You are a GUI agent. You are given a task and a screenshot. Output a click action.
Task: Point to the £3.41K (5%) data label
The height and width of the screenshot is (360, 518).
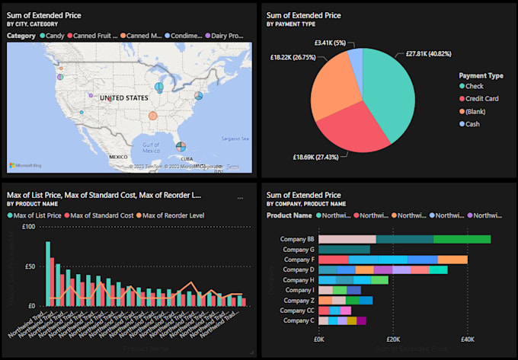330,42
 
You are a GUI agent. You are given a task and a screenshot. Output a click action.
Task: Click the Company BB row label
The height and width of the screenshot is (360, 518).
296,239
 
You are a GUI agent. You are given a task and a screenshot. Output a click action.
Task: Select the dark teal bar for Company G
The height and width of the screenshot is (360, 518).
344,249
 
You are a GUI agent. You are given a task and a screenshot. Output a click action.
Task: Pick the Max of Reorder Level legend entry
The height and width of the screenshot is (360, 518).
173,215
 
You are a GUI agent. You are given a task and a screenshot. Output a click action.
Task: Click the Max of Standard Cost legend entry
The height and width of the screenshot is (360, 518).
103,215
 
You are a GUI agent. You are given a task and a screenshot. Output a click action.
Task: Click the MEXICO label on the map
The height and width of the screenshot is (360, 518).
118,157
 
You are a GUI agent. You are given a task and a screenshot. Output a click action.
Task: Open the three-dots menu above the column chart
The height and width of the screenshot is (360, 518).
241,198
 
